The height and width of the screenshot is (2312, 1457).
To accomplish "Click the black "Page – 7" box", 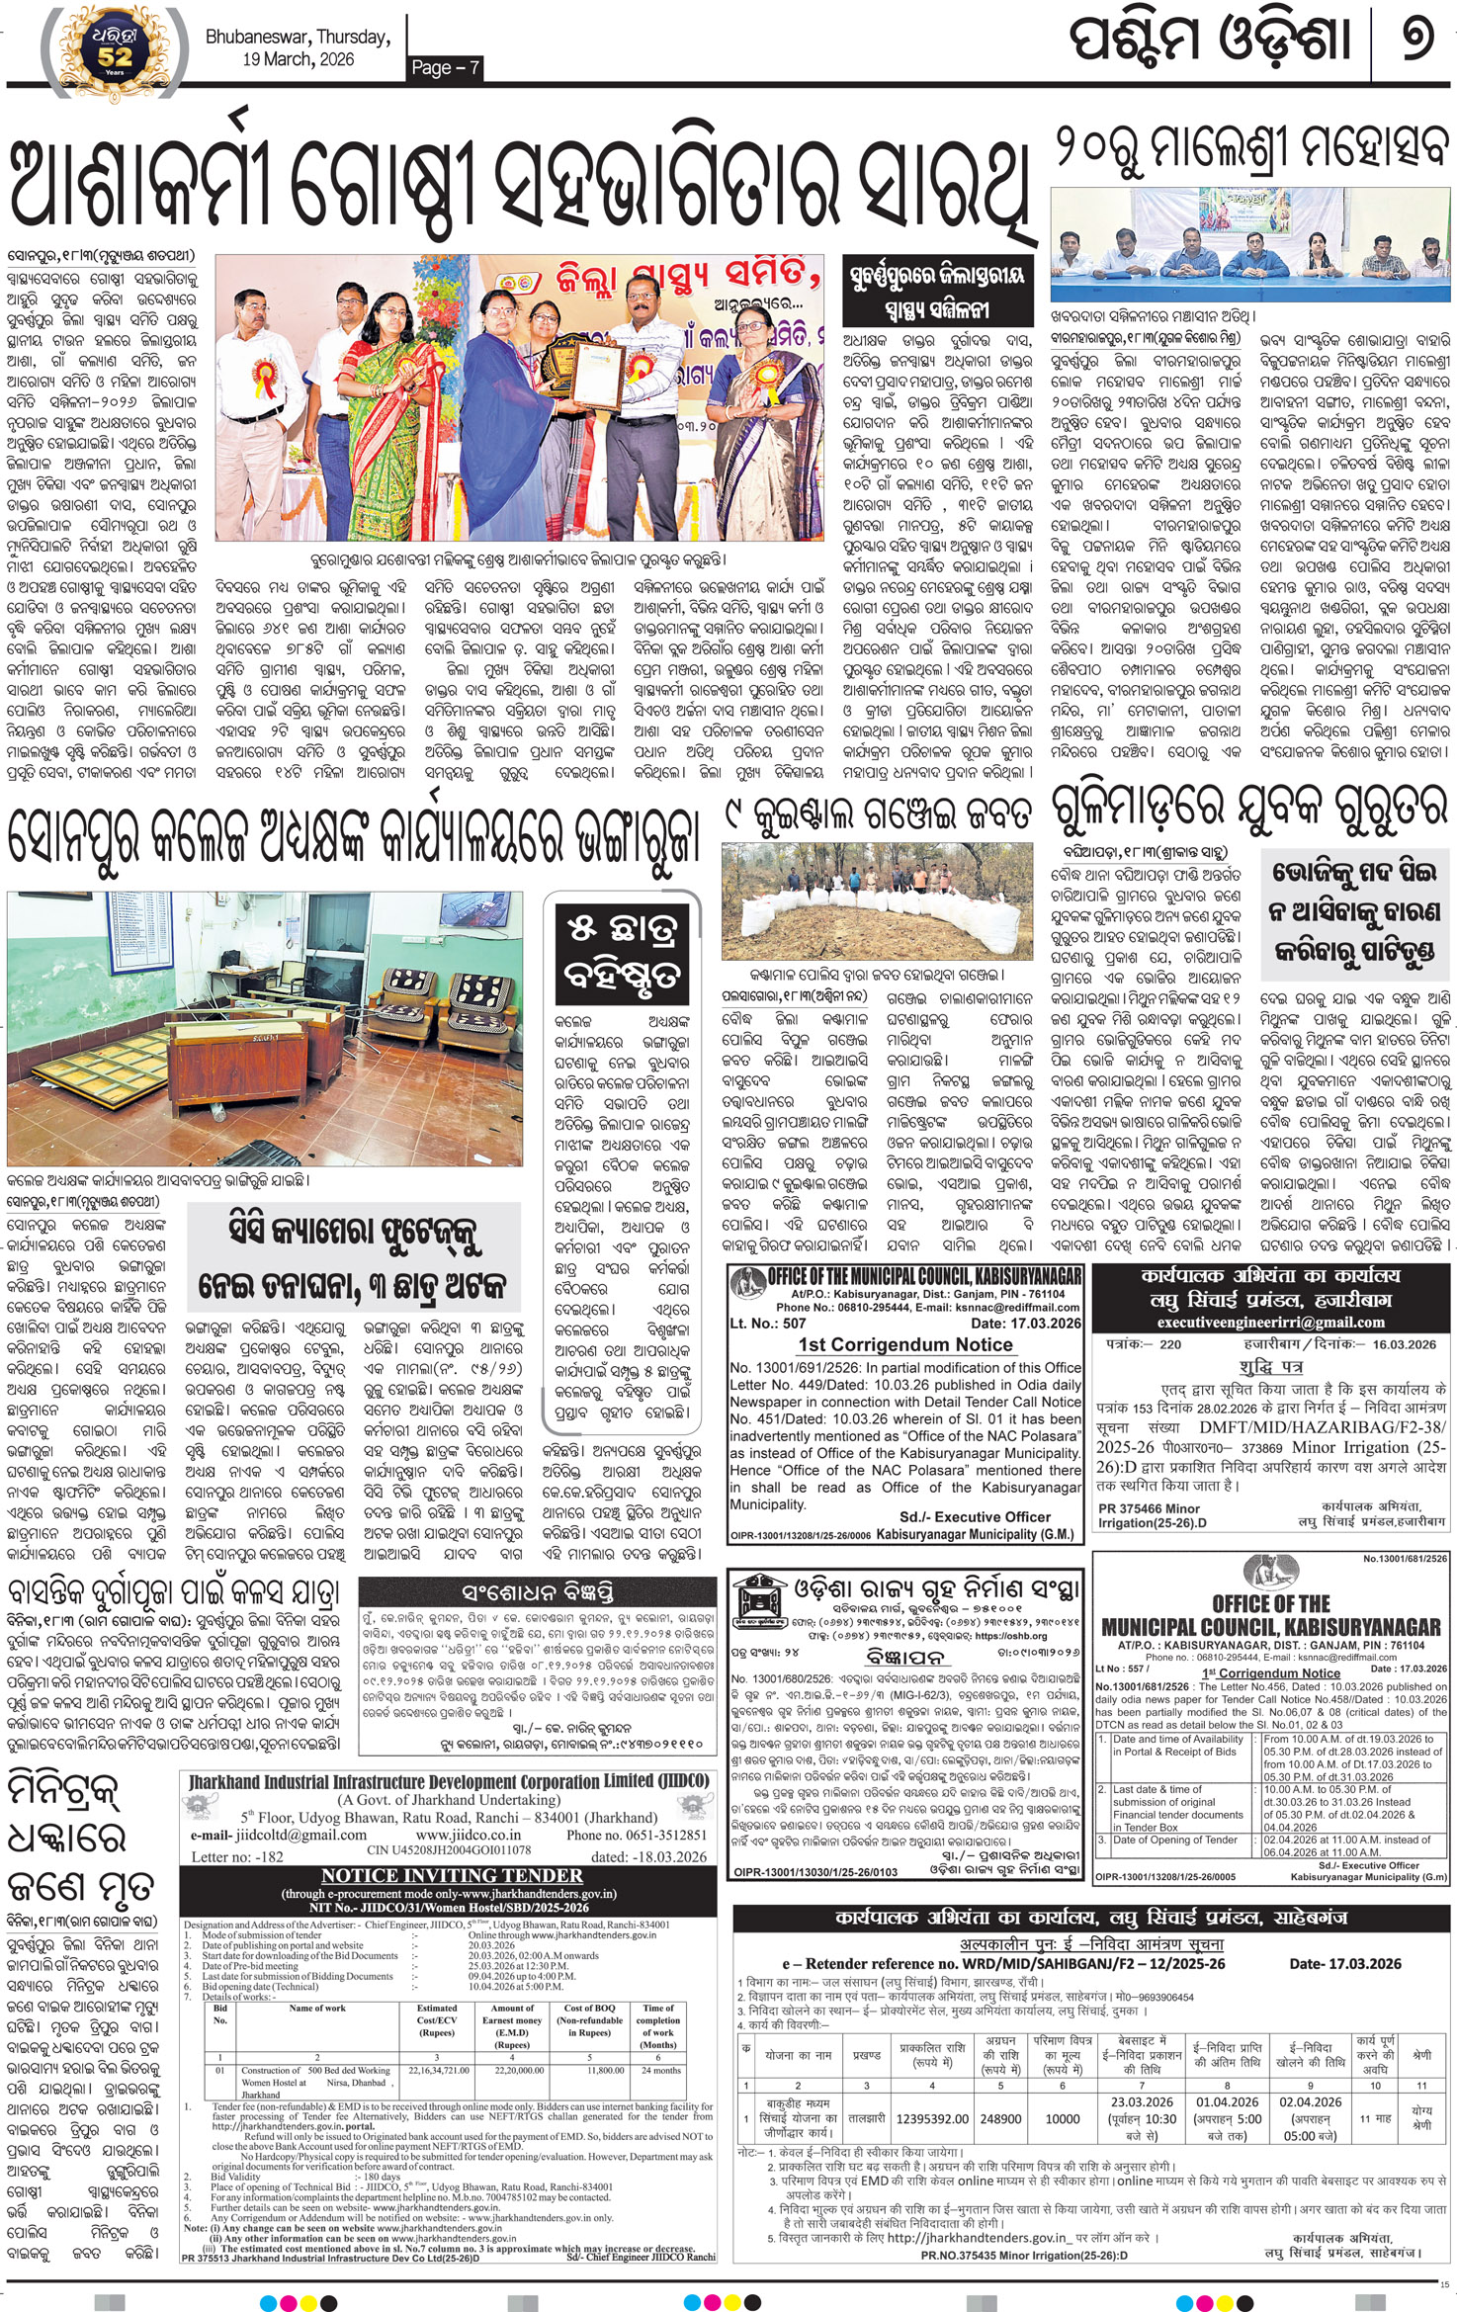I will (446, 66).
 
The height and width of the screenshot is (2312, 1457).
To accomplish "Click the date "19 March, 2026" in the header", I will (298, 59).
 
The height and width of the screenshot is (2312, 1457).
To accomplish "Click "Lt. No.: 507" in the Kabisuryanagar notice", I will (767, 1323).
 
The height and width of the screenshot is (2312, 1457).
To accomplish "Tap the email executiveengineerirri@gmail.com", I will (1270, 1322).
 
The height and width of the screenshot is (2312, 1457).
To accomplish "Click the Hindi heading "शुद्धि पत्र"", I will (1270, 1367).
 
